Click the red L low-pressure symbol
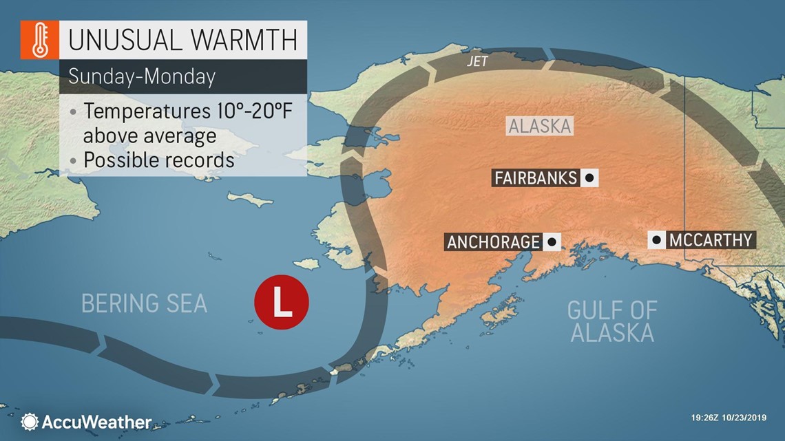pyautogui.click(x=281, y=302)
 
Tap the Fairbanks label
pyautogui.click(x=536, y=178)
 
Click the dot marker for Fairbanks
pyautogui.click(x=589, y=178)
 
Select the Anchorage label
pyautogui.click(x=493, y=241)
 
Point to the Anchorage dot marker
pyautogui.click(x=551, y=241)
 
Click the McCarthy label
pyautogui.click(x=710, y=240)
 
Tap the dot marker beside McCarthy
pyautogui.click(x=656, y=240)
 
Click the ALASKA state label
pyautogui.click(x=540, y=126)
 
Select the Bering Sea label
pyautogui.click(x=144, y=303)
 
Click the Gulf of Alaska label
pyautogui.click(x=611, y=321)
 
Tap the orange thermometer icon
pyautogui.click(x=39, y=41)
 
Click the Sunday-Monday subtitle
pyautogui.click(x=141, y=76)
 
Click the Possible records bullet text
pyautogui.click(x=159, y=160)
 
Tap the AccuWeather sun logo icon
pyautogui.click(x=30, y=422)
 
